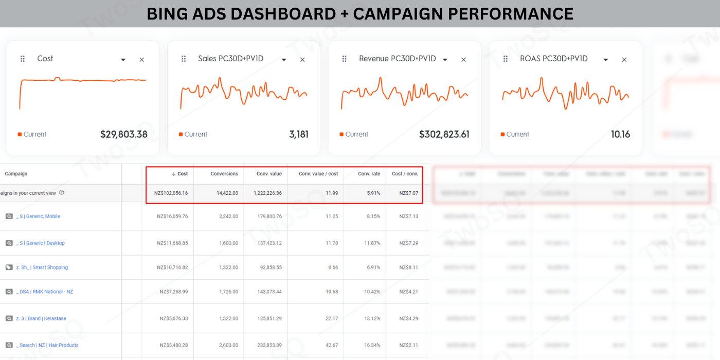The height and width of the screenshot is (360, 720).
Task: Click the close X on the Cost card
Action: (x=142, y=60)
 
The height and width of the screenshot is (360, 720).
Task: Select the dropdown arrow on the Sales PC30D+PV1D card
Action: (x=284, y=60)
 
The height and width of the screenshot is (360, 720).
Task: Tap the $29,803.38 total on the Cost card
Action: (x=123, y=134)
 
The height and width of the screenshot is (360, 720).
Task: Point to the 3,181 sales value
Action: (x=299, y=134)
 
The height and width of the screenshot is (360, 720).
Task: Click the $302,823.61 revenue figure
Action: (x=444, y=134)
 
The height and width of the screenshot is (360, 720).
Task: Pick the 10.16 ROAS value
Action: (x=620, y=134)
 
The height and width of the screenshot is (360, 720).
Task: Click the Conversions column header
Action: (x=224, y=174)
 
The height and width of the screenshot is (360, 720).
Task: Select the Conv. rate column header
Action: (x=369, y=174)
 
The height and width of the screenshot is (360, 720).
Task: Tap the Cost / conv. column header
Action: (x=405, y=174)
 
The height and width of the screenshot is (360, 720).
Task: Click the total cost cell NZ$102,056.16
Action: (x=171, y=193)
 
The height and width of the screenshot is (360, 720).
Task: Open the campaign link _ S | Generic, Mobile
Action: (x=38, y=217)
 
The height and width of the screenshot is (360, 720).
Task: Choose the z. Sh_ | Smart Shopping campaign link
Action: (x=42, y=267)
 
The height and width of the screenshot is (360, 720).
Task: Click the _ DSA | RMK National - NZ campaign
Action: (x=44, y=292)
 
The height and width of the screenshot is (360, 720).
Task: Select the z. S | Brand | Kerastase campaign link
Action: (x=41, y=318)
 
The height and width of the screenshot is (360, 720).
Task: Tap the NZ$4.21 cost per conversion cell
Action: (x=408, y=292)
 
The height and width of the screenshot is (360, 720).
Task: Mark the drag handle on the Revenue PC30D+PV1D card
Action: (x=345, y=59)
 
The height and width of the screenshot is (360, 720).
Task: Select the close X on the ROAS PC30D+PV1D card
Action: (x=624, y=60)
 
